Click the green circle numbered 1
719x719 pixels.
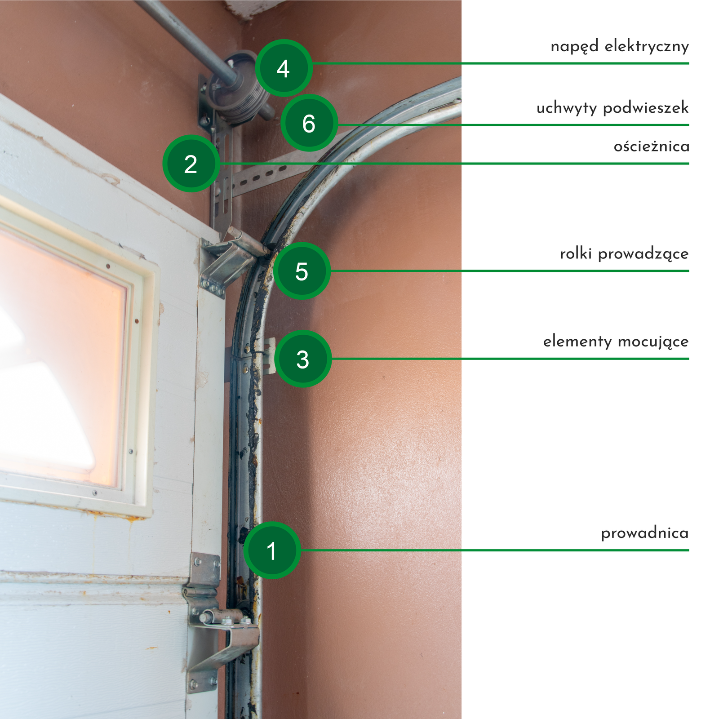click(272, 550)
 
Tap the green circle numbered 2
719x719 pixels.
click(191, 164)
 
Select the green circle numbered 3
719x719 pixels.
click(303, 359)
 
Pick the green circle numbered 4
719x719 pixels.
click(284, 68)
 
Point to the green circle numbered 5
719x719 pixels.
click(302, 271)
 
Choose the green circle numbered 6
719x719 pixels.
click(309, 123)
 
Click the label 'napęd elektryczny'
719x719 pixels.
click(620, 46)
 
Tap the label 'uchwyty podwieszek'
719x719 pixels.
click(612, 108)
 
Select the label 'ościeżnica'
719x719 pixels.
click(652, 146)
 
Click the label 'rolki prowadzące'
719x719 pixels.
click(624, 254)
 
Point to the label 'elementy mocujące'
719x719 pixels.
click(616, 342)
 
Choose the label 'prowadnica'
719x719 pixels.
click(645, 533)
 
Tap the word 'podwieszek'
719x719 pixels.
click(646, 108)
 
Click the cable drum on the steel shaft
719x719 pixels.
click(240, 88)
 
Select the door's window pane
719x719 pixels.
click(61, 359)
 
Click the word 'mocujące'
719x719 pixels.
click(653, 342)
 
